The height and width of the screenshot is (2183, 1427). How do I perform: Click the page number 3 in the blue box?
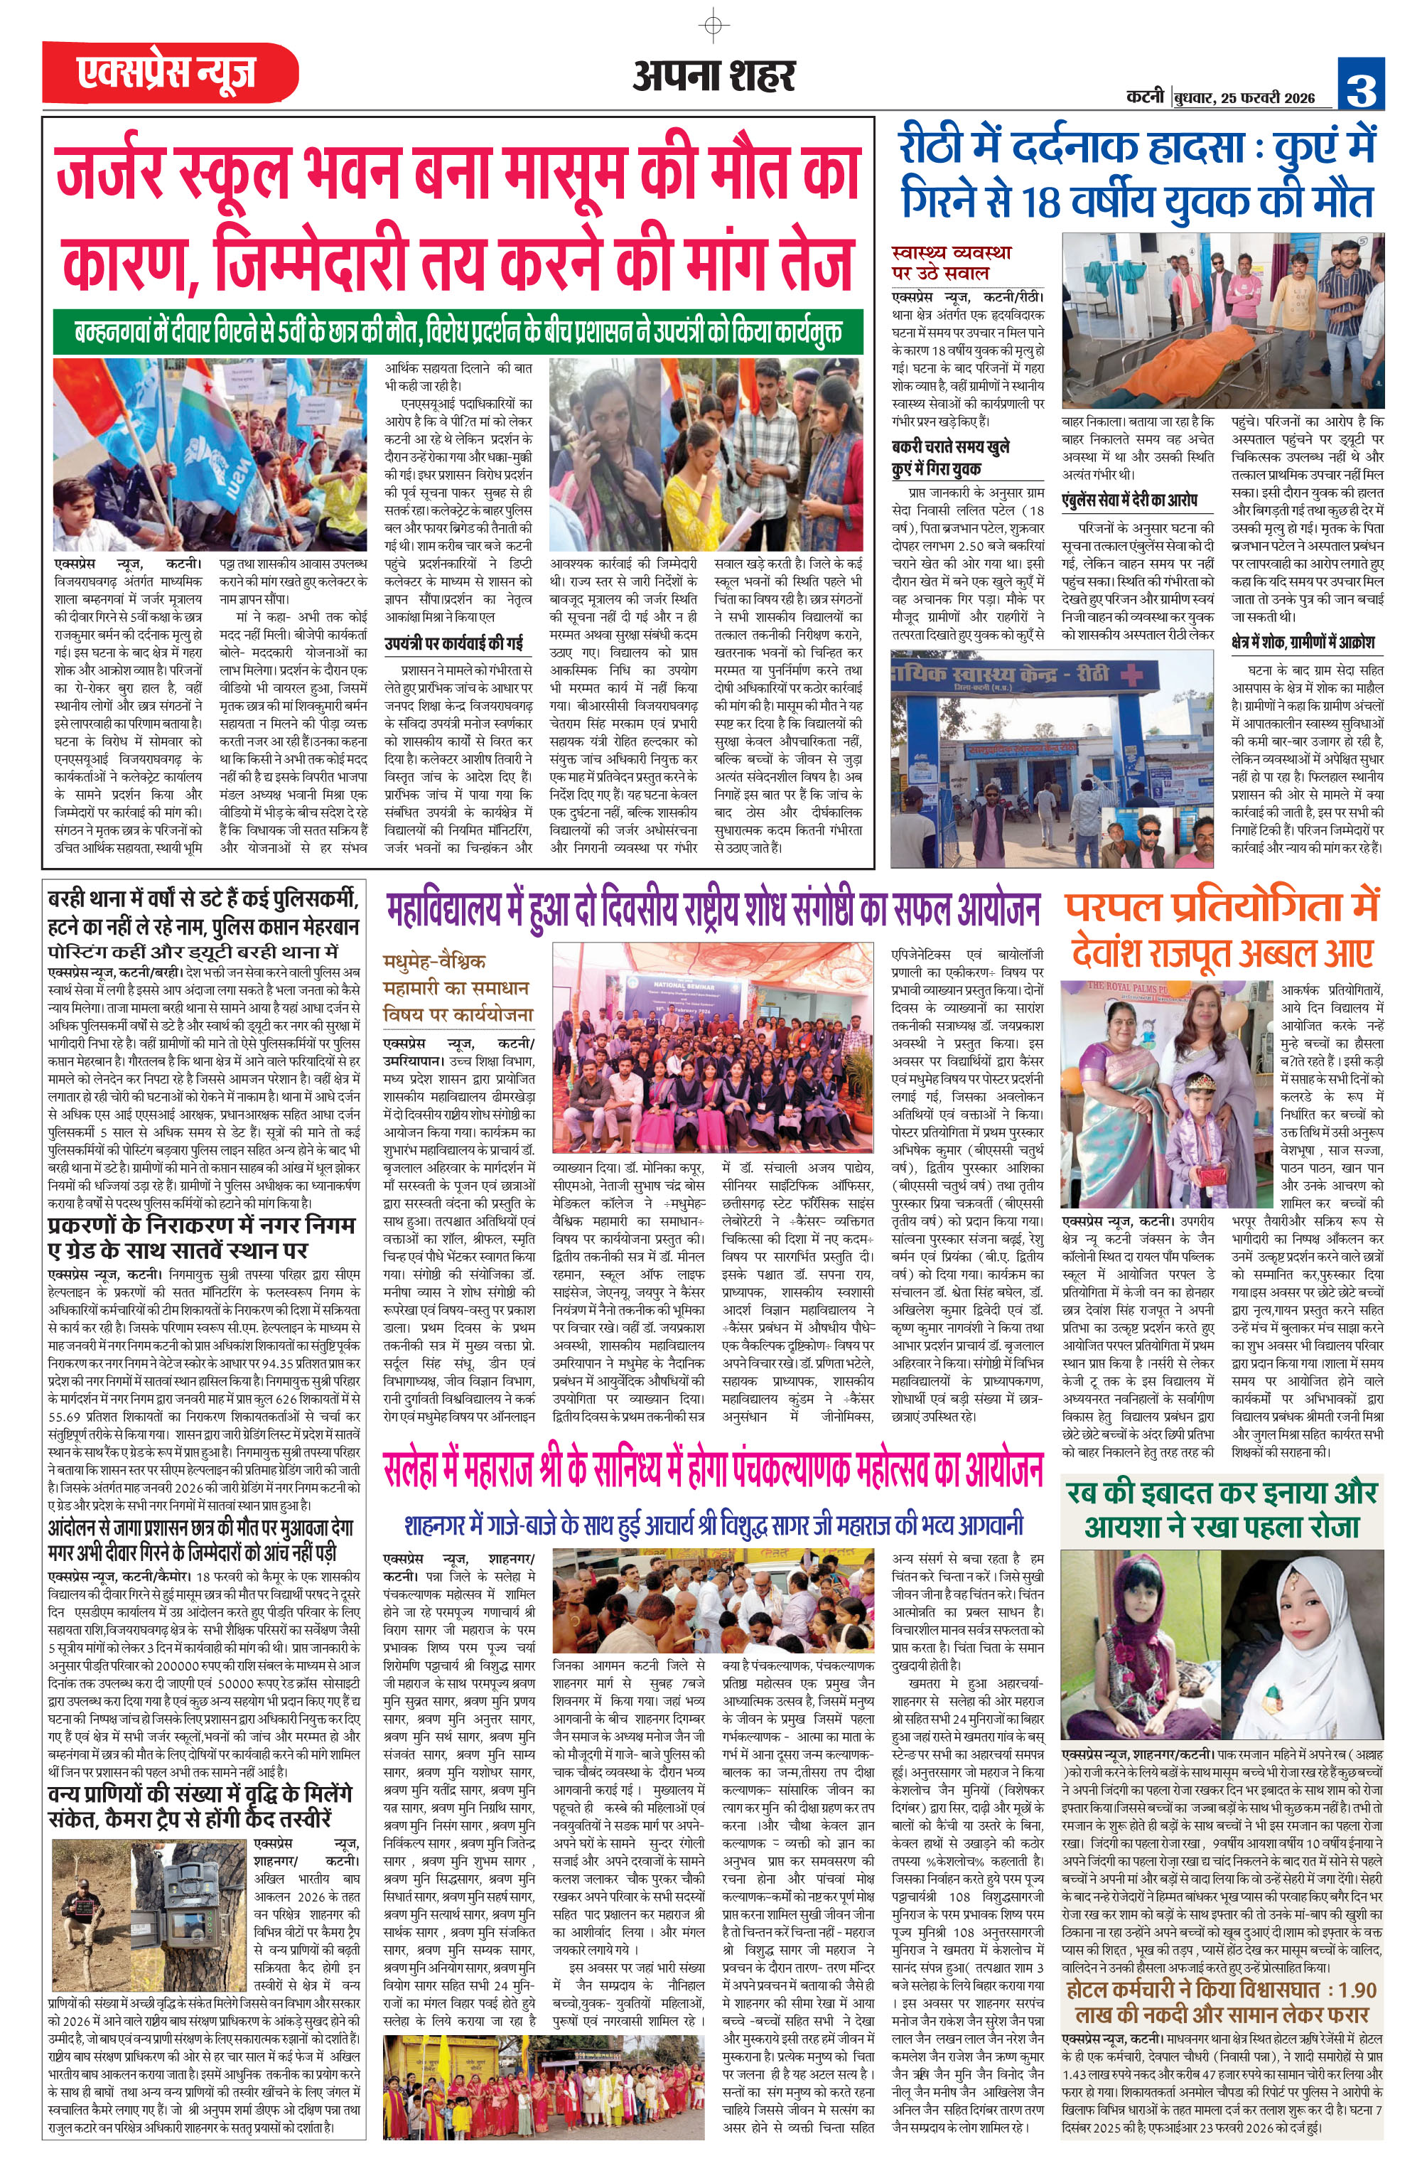pyautogui.click(x=1360, y=85)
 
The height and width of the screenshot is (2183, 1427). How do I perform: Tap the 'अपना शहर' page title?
pyautogui.click(x=713, y=76)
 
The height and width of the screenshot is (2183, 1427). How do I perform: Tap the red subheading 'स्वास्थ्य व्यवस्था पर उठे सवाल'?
pyautogui.click(x=952, y=262)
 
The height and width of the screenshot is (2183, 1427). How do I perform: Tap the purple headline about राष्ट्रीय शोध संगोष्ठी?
pyautogui.click(x=713, y=908)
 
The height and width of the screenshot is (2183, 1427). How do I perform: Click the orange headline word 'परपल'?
pyautogui.click(x=1114, y=906)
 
